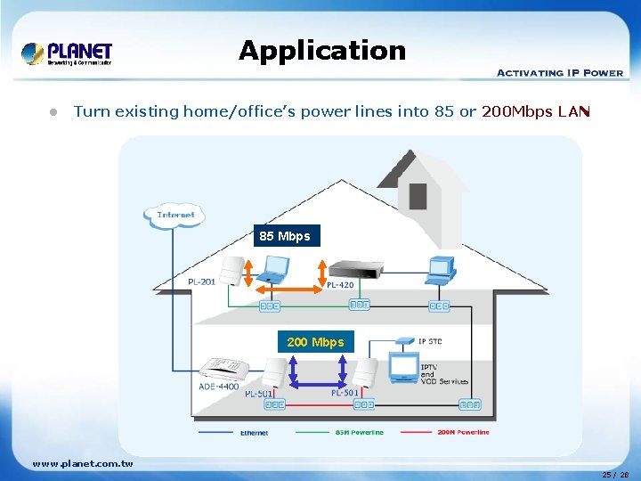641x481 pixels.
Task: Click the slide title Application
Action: coord(321,51)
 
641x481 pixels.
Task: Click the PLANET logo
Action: coord(68,53)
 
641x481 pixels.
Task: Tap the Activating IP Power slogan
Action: coord(559,72)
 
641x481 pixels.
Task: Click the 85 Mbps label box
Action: coord(285,236)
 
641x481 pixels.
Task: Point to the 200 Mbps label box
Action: coord(315,342)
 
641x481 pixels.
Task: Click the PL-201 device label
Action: coord(201,282)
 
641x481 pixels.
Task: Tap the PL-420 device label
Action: coord(340,285)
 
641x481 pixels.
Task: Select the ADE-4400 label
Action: coord(219,387)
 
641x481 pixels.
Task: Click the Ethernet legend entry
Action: coord(254,433)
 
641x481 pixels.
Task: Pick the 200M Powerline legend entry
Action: coord(463,433)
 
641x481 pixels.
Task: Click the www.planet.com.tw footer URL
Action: coord(83,463)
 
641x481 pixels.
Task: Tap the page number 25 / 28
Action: coord(616,475)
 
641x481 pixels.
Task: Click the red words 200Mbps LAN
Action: coord(535,111)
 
